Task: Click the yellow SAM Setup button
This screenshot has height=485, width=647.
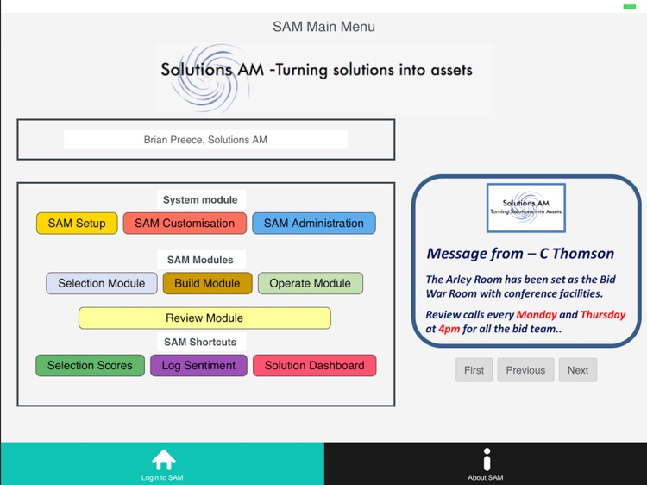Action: (x=77, y=224)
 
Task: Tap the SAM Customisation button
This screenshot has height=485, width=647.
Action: (x=185, y=224)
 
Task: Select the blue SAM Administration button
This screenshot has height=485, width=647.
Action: (x=314, y=224)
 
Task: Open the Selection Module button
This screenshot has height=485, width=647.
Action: (x=102, y=283)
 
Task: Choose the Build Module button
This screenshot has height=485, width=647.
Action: (x=207, y=283)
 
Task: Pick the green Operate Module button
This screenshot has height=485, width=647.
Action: (x=311, y=283)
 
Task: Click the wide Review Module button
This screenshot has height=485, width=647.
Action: (x=204, y=318)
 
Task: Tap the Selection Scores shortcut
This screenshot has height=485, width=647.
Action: (x=90, y=366)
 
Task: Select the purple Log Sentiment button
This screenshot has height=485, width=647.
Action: (x=198, y=366)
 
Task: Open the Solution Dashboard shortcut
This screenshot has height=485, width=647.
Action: (x=314, y=366)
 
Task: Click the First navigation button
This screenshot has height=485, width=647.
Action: (x=474, y=370)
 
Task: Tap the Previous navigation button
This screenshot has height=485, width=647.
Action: (x=525, y=370)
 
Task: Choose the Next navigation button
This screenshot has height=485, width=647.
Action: (x=578, y=370)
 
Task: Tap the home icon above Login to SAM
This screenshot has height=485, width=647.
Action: (x=163, y=460)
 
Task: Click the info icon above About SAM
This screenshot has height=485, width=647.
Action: (x=487, y=460)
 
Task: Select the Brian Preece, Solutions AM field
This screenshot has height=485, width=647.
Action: (x=205, y=140)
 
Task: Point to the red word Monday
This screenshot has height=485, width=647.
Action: (x=537, y=315)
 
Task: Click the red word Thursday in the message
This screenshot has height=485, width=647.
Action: (x=603, y=315)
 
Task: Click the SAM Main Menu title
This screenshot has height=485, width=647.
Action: (x=323, y=27)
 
